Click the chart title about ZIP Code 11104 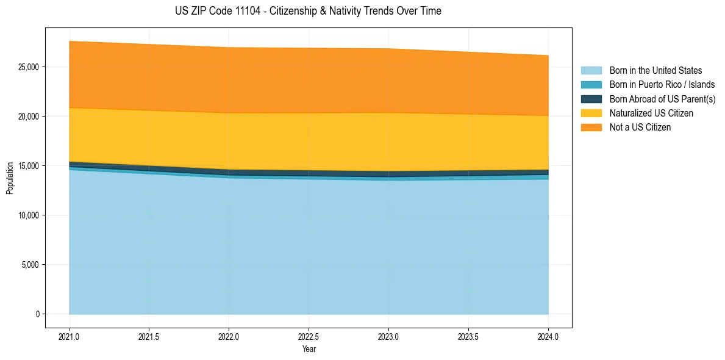click(x=308, y=11)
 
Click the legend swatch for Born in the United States click(x=591, y=71)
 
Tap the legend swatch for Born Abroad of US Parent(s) click(x=591, y=99)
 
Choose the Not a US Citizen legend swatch click(x=591, y=128)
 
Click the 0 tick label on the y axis click(x=37, y=314)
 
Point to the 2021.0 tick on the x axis click(x=70, y=336)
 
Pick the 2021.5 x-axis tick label click(x=149, y=336)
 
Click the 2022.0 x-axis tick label click(x=229, y=336)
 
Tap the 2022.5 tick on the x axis click(x=309, y=336)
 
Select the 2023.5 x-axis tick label click(x=468, y=336)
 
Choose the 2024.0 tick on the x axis click(x=548, y=336)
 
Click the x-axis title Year click(x=309, y=349)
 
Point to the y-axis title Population click(x=10, y=178)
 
